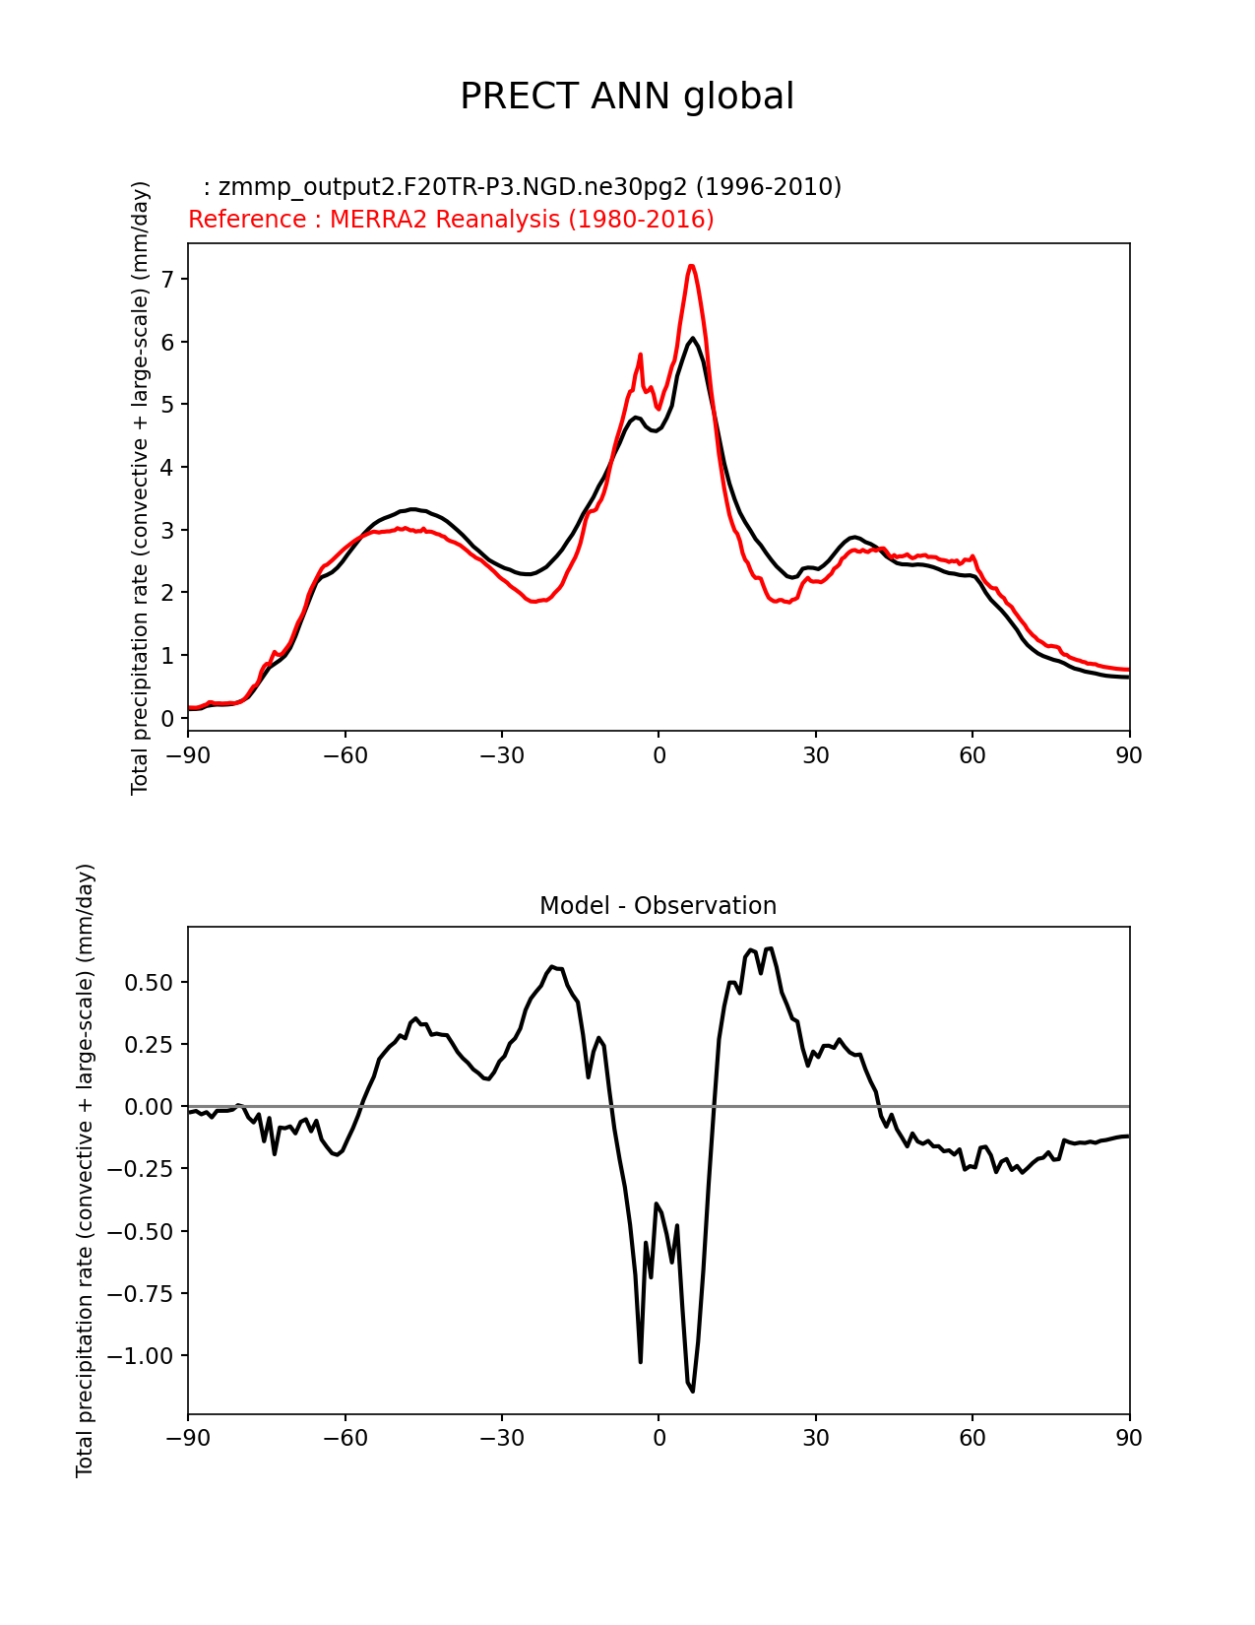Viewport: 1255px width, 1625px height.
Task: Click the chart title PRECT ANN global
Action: coord(627,97)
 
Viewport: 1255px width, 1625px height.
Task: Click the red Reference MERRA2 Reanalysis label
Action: coord(451,219)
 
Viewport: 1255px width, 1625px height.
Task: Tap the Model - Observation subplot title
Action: coord(658,906)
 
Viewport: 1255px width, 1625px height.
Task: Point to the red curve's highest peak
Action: coord(691,266)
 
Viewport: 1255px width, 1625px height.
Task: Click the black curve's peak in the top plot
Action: coord(693,339)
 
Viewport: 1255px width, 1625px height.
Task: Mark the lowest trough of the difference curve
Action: coord(693,1391)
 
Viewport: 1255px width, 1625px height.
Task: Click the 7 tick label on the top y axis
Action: coord(167,280)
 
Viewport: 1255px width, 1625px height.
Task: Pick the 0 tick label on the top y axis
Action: coord(167,718)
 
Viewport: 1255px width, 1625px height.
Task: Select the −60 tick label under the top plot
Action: coord(345,755)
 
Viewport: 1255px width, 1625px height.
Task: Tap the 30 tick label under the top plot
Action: coord(815,755)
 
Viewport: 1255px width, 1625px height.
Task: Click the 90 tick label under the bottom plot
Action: coord(1129,1438)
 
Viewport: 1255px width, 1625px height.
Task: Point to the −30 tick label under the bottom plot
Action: coord(501,1438)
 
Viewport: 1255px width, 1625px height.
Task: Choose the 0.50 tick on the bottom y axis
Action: coord(151,983)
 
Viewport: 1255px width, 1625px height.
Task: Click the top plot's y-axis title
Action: coord(140,487)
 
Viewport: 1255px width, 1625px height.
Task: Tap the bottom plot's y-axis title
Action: coord(86,1170)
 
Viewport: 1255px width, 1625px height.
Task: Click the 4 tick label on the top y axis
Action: coord(167,468)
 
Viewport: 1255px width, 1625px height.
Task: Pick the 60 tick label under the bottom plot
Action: coord(973,1438)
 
